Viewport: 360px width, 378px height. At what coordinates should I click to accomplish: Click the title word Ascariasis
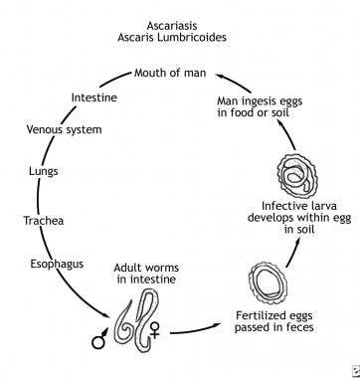click(x=172, y=26)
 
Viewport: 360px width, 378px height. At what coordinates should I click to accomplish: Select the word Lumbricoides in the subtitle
click(x=192, y=37)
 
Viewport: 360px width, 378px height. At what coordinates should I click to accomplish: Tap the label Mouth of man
click(x=170, y=73)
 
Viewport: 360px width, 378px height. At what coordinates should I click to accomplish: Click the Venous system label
click(x=64, y=129)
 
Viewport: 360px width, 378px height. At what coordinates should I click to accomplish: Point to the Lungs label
click(x=44, y=171)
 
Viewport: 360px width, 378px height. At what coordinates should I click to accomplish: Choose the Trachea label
click(x=44, y=221)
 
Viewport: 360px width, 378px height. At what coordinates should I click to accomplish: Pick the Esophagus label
click(x=57, y=265)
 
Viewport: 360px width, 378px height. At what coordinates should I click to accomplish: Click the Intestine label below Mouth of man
click(x=94, y=97)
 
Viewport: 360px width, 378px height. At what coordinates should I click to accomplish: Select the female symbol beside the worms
click(x=155, y=330)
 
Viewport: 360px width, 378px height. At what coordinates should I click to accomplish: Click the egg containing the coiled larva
click(x=297, y=176)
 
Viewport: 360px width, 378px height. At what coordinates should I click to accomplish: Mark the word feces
click(x=296, y=327)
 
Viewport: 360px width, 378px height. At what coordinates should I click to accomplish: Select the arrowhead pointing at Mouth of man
click(x=221, y=77)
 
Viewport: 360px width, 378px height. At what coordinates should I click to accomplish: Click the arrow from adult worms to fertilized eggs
click(x=196, y=329)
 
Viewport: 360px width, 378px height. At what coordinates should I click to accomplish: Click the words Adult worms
click(x=146, y=268)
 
